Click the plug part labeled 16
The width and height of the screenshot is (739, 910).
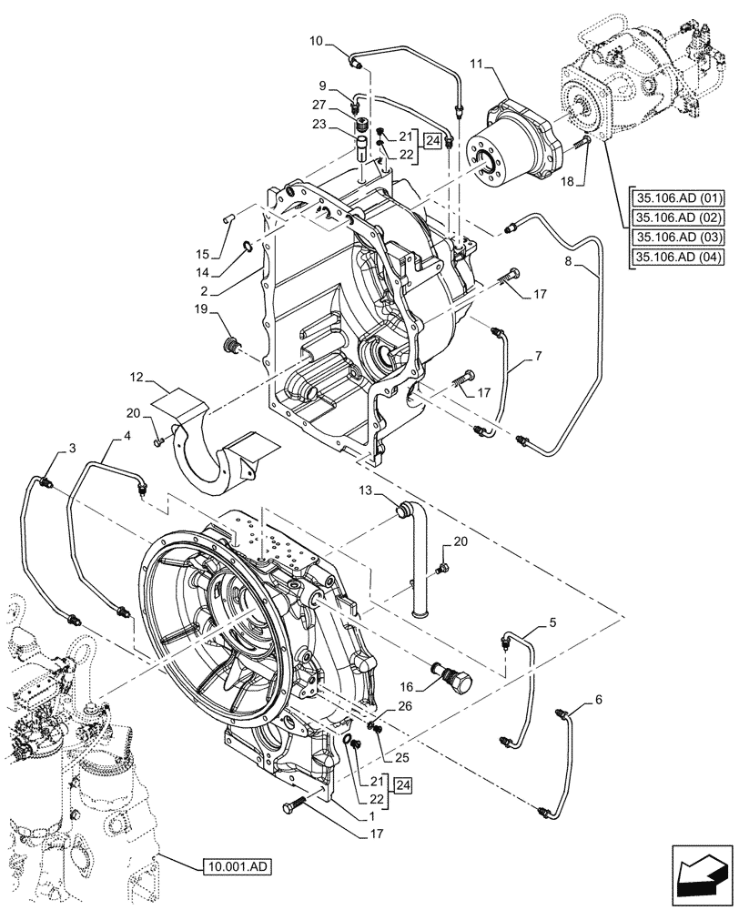coord(451,674)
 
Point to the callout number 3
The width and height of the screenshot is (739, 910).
coord(71,449)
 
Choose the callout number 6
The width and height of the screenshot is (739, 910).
coord(597,699)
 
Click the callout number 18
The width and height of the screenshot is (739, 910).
coord(569,182)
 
